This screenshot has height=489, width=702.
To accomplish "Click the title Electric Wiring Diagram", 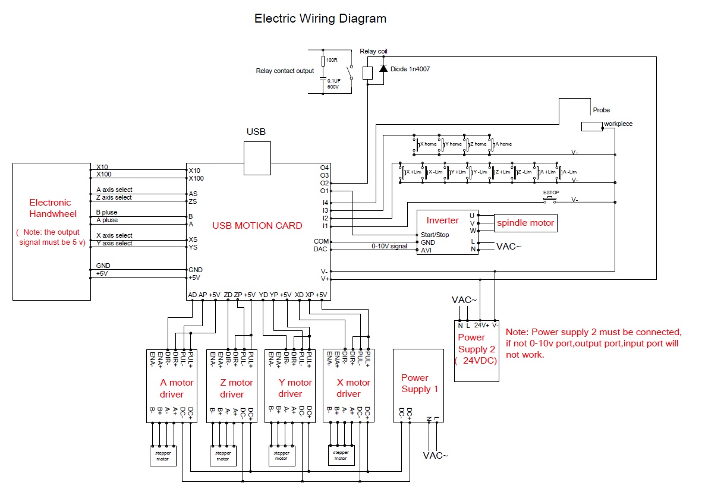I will click(x=320, y=18).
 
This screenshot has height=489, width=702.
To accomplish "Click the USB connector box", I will click(x=257, y=159).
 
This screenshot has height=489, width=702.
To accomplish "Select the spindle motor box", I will click(x=525, y=223).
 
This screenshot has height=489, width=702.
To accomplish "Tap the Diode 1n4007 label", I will click(x=410, y=69).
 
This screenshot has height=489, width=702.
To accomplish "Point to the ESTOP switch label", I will click(x=549, y=193).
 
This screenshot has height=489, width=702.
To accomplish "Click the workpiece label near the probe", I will click(x=618, y=124).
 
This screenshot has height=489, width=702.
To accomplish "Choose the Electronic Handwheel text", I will click(x=50, y=208).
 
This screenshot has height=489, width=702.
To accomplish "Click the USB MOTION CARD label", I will click(x=257, y=226).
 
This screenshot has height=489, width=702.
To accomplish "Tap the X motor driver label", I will click(x=349, y=388).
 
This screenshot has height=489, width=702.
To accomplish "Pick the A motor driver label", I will click(x=172, y=388).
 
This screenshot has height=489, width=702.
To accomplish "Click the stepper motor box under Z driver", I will click(x=222, y=456).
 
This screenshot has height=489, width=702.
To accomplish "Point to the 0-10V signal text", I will click(x=389, y=246).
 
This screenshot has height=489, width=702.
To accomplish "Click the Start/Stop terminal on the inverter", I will click(x=435, y=235).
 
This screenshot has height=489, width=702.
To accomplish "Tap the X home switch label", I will click(x=428, y=144).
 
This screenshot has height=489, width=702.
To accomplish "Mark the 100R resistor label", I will click(x=332, y=60).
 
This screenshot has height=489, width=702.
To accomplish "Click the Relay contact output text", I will click(x=285, y=71).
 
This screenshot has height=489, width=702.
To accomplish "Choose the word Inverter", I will click(x=443, y=220).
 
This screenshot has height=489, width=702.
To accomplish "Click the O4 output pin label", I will click(x=325, y=168).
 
